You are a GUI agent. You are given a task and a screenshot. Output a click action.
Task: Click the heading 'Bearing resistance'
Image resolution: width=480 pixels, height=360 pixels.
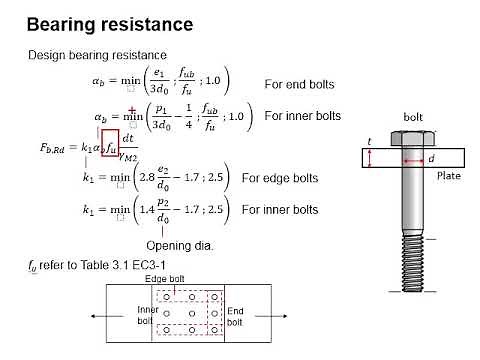[x=110, y=23]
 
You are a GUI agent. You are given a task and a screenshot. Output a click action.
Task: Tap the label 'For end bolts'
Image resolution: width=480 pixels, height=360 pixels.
[x=299, y=84]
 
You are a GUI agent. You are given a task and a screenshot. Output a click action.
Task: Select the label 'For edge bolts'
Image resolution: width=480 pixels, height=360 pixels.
[x=280, y=179]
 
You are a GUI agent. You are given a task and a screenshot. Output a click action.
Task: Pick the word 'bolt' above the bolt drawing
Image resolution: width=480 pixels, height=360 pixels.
[x=412, y=117]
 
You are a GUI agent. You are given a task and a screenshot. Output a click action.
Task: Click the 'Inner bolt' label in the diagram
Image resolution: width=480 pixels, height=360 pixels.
[x=147, y=316]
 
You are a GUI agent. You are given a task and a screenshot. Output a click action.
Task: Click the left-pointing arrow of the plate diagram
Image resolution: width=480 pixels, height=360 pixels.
[x=95, y=315]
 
